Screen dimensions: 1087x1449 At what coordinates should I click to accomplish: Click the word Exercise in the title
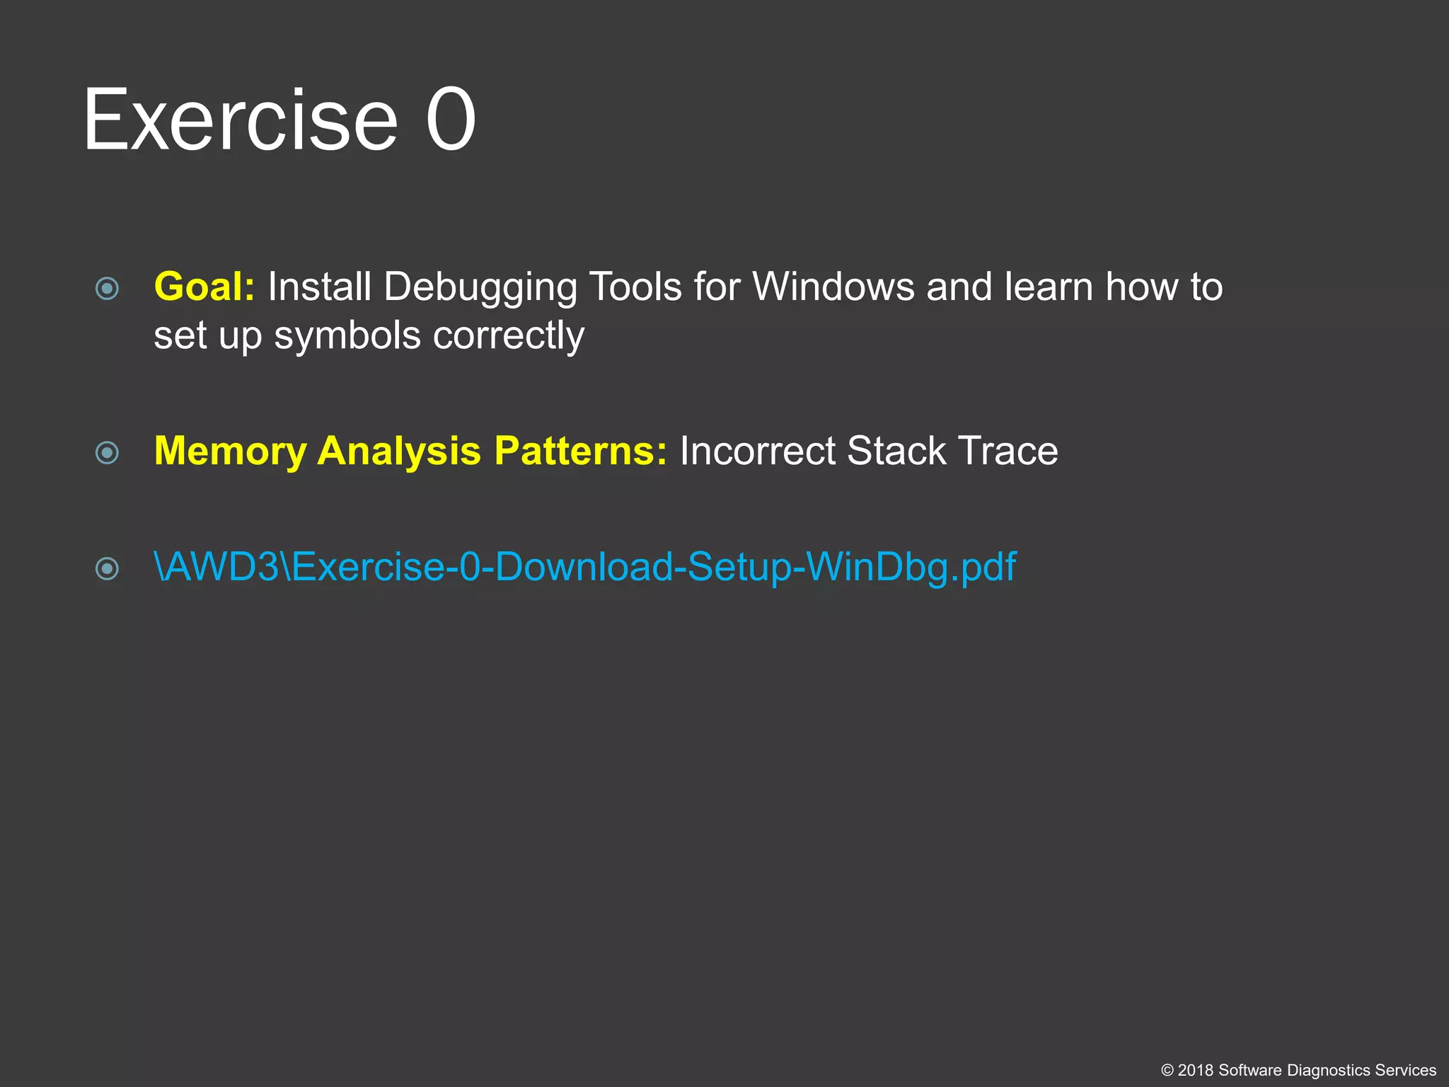pyautogui.click(x=241, y=120)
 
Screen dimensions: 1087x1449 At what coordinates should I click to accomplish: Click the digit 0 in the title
pyautogui.click(x=451, y=120)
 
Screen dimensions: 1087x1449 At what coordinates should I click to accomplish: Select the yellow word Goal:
pyautogui.click(x=204, y=287)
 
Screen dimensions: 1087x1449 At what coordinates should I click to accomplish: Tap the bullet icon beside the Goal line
pyautogui.click(x=107, y=288)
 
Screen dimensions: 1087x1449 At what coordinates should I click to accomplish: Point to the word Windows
pyautogui.click(x=833, y=287)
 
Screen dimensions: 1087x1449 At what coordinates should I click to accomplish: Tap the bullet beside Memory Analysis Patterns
pyautogui.click(x=107, y=452)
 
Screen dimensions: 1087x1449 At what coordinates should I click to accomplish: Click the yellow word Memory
pyautogui.click(x=230, y=452)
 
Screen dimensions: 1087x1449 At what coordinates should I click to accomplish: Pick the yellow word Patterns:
pyautogui.click(x=580, y=452)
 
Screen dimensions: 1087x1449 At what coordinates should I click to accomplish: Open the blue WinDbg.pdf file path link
pyautogui.click(x=584, y=568)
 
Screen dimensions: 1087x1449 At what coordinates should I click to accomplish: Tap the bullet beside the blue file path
pyautogui.click(x=107, y=568)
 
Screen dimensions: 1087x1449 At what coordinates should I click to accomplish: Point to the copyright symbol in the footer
pyautogui.click(x=1167, y=1071)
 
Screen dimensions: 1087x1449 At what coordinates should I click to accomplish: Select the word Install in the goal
pyautogui.click(x=319, y=287)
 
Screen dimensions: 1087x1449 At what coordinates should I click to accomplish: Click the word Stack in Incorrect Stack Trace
pyautogui.click(x=896, y=452)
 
